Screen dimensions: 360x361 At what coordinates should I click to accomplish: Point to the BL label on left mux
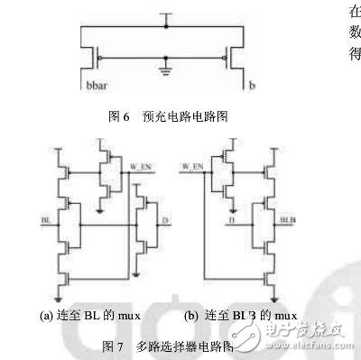point(45,218)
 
